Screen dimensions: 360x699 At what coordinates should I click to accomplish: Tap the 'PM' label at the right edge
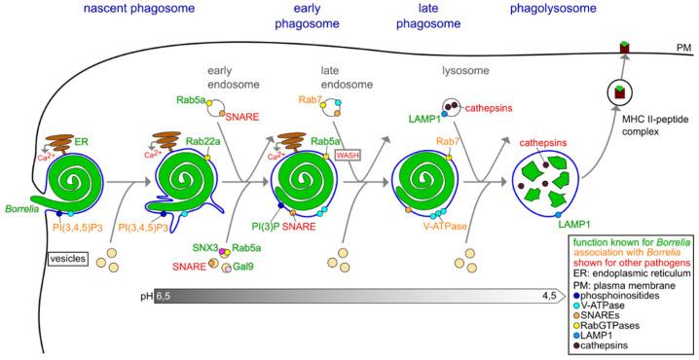tap(682, 46)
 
